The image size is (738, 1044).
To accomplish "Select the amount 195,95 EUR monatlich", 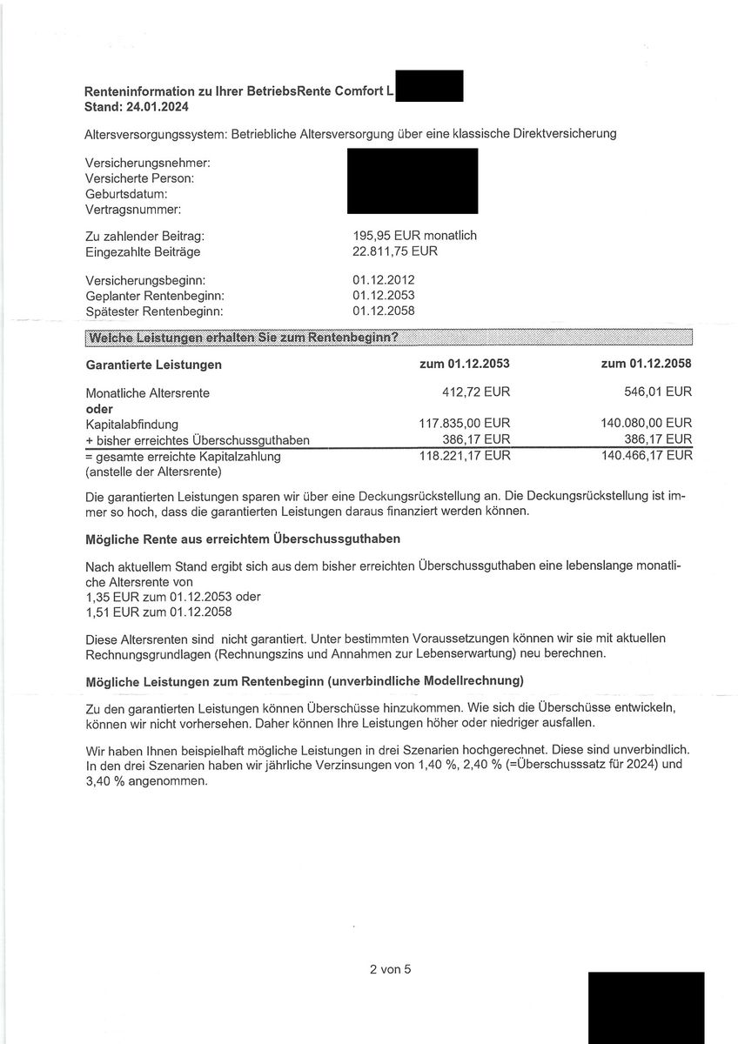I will [414, 236].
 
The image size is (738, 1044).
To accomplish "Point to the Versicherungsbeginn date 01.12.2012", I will [384, 280].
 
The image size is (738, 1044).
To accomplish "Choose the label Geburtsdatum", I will [126, 194].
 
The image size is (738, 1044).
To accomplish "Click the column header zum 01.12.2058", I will [646, 364].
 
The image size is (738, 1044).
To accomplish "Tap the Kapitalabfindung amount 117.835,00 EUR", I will [465, 425].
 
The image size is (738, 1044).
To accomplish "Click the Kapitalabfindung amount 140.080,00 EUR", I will [647, 425].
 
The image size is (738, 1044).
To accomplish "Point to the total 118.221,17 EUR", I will [465, 455].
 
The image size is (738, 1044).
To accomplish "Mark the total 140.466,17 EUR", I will [647, 455].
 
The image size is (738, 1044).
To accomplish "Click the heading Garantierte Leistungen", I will [153, 365].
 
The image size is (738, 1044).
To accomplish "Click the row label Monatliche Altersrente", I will [147, 393].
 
